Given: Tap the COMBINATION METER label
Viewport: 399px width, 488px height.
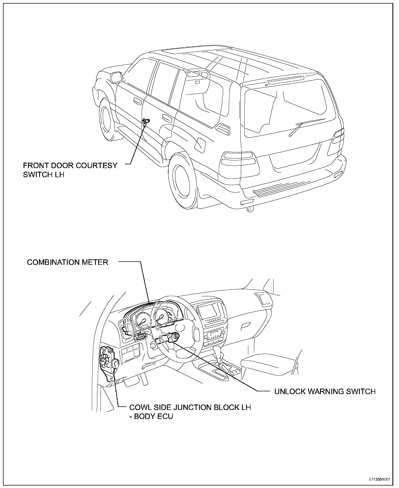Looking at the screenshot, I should click(x=67, y=262).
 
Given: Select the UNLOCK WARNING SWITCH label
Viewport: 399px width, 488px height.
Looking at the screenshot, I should click(x=325, y=391).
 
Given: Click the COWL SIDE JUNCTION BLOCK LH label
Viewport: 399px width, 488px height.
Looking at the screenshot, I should click(x=190, y=407).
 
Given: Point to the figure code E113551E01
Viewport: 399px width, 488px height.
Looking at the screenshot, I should click(x=379, y=480).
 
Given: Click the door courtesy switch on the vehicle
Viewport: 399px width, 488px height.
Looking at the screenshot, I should click(x=146, y=121).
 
